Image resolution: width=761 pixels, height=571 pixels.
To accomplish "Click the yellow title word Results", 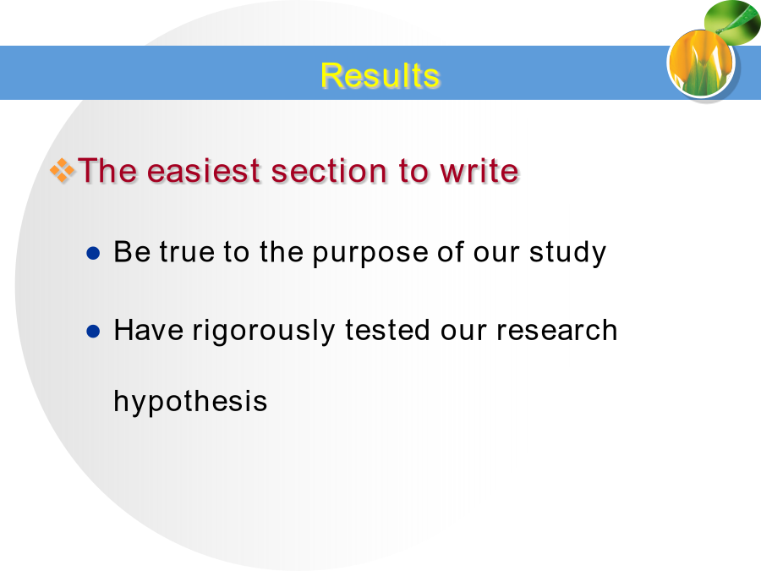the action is (x=380, y=76).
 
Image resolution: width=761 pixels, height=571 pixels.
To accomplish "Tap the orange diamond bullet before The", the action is (x=63, y=171).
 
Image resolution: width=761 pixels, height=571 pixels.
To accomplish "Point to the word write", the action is (x=479, y=171).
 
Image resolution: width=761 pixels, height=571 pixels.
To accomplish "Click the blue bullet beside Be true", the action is (x=93, y=253).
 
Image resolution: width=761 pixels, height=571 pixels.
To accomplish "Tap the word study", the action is (x=568, y=252).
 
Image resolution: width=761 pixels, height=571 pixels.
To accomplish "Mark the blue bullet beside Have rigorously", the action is (x=93, y=332).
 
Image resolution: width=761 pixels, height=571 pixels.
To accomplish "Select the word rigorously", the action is (x=264, y=331).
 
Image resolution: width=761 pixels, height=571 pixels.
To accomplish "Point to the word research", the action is (x=556, y=330).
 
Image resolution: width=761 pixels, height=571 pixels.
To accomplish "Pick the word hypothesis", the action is (x=190, y=402).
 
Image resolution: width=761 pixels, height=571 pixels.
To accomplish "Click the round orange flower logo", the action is (x=701, y=63).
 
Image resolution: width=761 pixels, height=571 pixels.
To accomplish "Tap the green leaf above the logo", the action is (x=732, y=22).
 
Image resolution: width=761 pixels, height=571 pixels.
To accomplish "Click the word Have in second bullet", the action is (x=149, y=330).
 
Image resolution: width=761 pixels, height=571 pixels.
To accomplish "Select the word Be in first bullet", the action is (x=132, y=251).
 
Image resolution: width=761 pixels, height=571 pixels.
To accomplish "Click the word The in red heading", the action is (x=107, y=171).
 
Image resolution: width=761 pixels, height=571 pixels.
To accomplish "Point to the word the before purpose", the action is (x=282, y=251).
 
